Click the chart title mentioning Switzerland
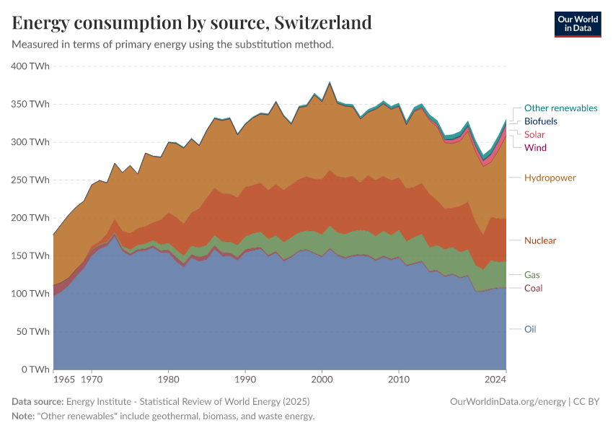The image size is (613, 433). [192, 22]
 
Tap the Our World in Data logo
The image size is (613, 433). [577, 24]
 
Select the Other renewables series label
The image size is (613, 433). [560, 108]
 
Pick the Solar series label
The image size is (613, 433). [534, 135]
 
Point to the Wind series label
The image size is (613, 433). [535, 148]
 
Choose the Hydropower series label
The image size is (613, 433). [550, 178]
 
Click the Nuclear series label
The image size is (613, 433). [540, 240]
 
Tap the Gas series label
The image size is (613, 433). [532, 275]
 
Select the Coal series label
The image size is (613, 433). [533, 289]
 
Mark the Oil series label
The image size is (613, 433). [529, 329]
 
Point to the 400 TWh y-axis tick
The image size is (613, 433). [30, 66]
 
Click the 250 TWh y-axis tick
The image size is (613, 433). [30, 180]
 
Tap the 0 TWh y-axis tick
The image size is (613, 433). [35, 369]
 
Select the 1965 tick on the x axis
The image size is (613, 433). [63, 378]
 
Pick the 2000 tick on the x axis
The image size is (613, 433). [322, 378]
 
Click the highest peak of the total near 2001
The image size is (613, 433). [330, 82]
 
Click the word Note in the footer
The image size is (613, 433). [25, 416]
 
